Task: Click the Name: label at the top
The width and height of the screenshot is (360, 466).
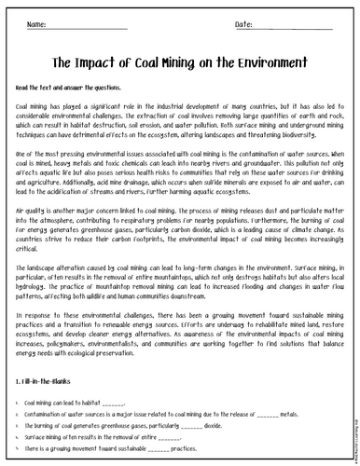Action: (38, 23)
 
